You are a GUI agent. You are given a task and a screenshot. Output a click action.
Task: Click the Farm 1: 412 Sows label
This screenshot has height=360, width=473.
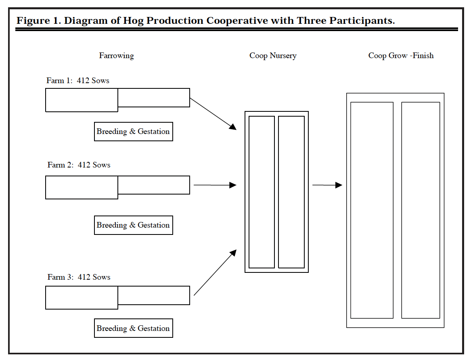pos(78,81)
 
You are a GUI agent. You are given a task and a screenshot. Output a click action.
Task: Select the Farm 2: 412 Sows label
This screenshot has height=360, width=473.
pos(79,165)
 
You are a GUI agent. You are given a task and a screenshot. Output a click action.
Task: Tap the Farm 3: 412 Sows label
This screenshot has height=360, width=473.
pos(79,277)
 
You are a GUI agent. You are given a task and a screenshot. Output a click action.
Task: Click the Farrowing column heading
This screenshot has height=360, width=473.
pos(116,56)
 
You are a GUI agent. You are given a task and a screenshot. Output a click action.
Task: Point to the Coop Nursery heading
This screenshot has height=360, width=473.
pos(273,56)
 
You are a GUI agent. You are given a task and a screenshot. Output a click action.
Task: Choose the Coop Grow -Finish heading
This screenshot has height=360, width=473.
pos(401,56)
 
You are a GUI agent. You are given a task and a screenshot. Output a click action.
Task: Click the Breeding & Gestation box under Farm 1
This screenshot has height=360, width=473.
pos(133,132)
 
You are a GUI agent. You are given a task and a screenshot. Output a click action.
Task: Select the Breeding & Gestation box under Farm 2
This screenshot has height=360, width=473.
pos(133,225)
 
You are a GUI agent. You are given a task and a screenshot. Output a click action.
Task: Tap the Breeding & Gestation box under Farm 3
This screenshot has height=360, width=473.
pos(133,329)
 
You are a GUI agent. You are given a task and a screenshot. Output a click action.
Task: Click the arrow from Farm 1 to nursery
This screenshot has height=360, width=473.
pos(213,114)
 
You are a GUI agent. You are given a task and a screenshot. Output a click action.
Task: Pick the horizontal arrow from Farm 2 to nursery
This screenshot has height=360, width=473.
pos(215,185)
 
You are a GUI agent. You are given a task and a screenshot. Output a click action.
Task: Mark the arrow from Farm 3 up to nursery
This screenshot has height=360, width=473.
pos(215,273)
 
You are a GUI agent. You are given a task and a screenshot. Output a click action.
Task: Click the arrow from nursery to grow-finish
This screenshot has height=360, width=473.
pos(327,185)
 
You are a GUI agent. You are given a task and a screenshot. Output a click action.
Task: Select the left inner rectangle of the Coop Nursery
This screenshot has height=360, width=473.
pos(262,192)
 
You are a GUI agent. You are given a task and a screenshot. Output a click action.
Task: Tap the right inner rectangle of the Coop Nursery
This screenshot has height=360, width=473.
pos(291,192)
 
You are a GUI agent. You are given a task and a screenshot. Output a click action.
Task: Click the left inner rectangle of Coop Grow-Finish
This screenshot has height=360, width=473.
pos(372,210)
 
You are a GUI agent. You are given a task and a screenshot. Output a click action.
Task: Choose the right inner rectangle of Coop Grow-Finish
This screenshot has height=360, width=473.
pos(421,210)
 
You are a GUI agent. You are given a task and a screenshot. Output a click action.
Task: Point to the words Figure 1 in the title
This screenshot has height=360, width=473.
pos(38,21)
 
